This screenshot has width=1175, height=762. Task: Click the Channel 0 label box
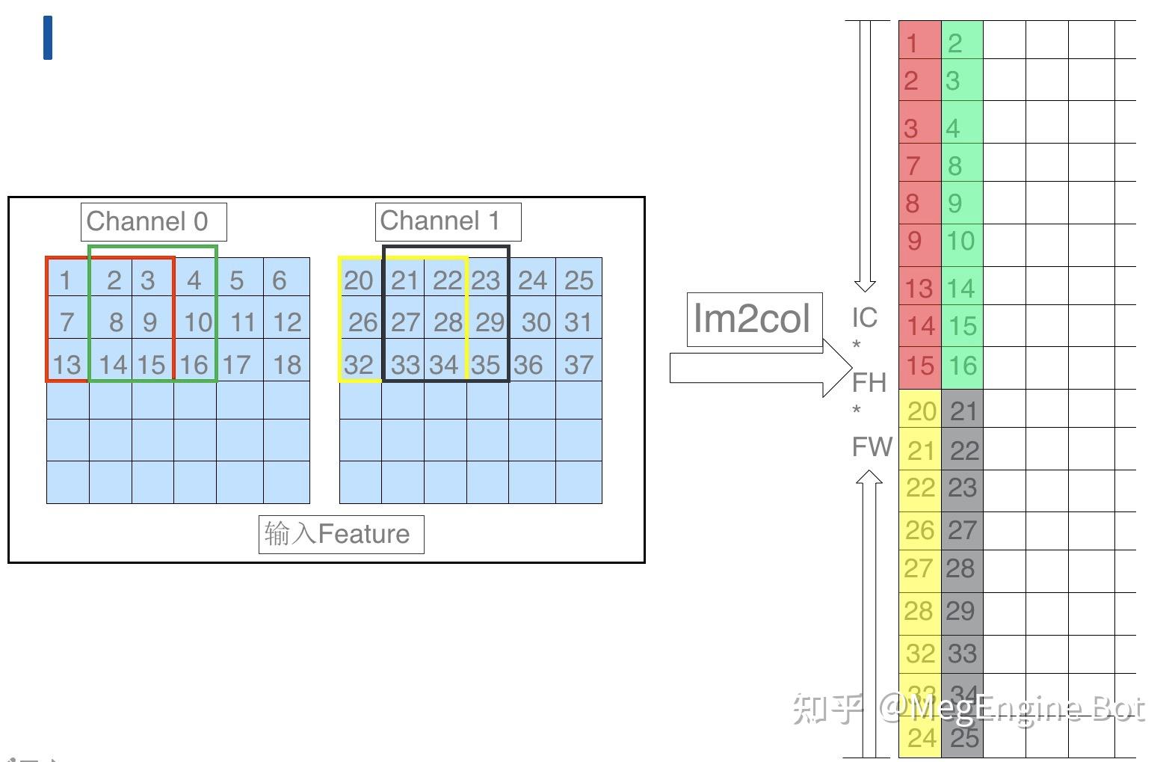[153, 221]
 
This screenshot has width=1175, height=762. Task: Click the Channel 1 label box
[447, 221]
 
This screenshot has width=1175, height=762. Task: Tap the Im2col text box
[753, 319]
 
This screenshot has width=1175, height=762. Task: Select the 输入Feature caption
[341, 534]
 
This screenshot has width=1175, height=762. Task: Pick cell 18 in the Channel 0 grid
[286, 364]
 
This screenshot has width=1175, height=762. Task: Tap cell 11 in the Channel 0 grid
[241, 322]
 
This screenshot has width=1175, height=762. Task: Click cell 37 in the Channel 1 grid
[579, 364]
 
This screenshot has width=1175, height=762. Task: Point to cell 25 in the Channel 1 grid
[579, 280]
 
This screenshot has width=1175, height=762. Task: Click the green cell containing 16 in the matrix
[962, 366]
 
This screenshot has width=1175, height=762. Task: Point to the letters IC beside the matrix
[865, 318]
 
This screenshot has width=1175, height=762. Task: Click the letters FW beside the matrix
[872, 447]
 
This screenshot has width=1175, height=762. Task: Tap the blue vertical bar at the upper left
[48, 37]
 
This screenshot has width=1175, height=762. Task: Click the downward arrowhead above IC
[865, 284]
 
